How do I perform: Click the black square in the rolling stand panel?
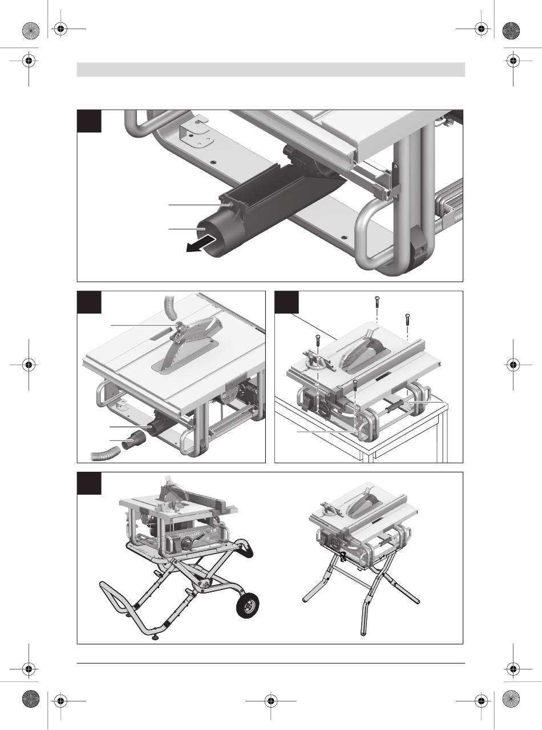click(x=89, y=483)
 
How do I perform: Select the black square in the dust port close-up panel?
click(x=89, y=121)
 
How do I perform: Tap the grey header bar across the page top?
click(x=271, y=70)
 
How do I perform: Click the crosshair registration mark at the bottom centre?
click(x=271, y=700)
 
